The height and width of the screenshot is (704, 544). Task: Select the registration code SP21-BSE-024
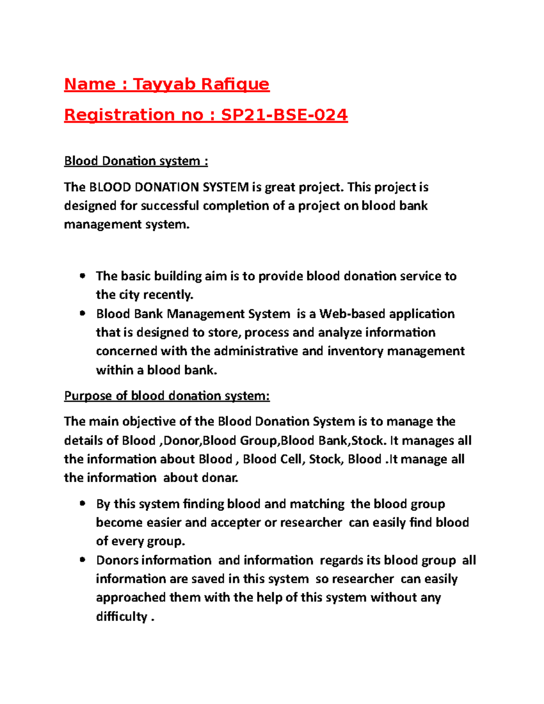[284, 115]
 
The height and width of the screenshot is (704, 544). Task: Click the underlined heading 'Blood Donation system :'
[136, 161]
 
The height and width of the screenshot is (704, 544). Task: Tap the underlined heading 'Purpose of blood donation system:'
[167, 396]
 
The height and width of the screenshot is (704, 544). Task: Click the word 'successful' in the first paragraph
[170, 206]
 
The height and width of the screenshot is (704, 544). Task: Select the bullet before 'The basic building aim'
[82, 276]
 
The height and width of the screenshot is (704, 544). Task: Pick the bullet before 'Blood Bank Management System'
[82, 313]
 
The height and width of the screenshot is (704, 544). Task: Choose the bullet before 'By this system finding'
[82, 503]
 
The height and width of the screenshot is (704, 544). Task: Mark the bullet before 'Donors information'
[82, 560]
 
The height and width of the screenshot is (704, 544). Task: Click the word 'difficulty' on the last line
[121, 617]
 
